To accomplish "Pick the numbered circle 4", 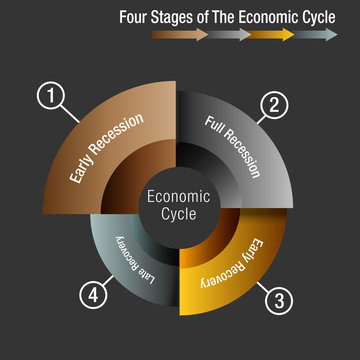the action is point(93,295).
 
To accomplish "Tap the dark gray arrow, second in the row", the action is point(229,34).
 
